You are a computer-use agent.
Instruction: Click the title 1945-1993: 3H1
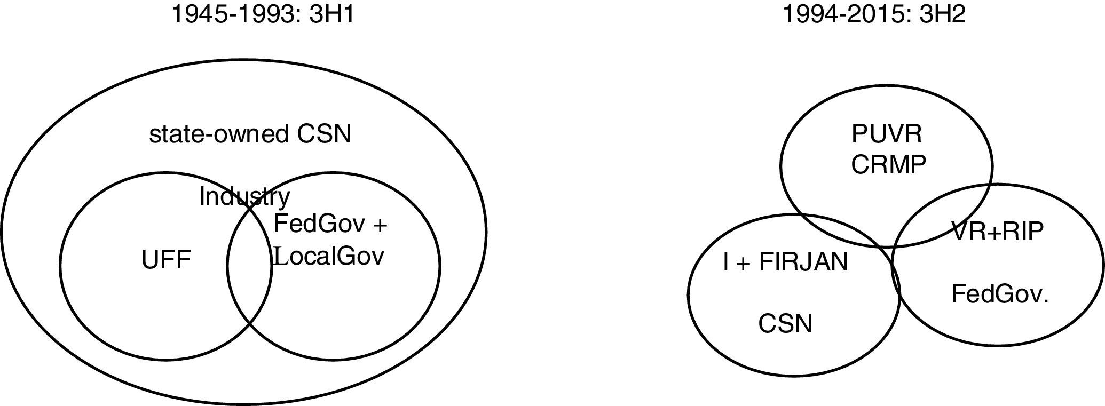[x=262, y=14]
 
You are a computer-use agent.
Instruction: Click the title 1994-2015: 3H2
[x=874, y=14]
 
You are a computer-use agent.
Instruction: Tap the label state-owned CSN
[x=250, y=134]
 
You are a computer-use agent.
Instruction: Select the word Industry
[x=244, y=197]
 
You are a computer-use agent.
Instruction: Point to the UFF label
[x=166, y=261]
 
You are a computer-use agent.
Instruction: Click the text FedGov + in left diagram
[x=330, y=224]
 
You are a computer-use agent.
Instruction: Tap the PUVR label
[x=887, y=134]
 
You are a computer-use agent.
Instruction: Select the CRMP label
[x=888, y=165]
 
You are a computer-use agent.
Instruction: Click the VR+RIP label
[x=997, y=232]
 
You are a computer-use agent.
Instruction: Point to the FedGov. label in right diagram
[x=1000, y=294]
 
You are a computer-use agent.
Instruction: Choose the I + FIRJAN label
[x=785, y=262]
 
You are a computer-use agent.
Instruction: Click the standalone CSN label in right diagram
[x=785, y=324]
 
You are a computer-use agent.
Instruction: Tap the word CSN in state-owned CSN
[x=324, y=134]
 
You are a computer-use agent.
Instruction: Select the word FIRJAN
[x=803, y=262]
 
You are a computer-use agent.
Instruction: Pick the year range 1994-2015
[x=835, y=14]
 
